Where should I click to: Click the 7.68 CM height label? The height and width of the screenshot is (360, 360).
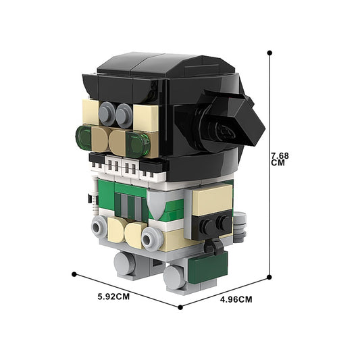280,159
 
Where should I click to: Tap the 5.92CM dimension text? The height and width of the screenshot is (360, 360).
113,297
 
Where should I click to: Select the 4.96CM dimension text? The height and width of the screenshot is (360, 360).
236,300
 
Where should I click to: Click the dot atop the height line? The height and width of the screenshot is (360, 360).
269,53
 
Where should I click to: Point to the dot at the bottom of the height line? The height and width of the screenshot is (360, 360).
269,277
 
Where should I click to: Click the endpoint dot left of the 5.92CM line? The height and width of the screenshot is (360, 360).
74,274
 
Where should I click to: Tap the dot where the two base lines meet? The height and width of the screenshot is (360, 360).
180,307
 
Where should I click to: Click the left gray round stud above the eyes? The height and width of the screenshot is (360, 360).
107,113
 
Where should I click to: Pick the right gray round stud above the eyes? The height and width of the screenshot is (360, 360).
124,115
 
